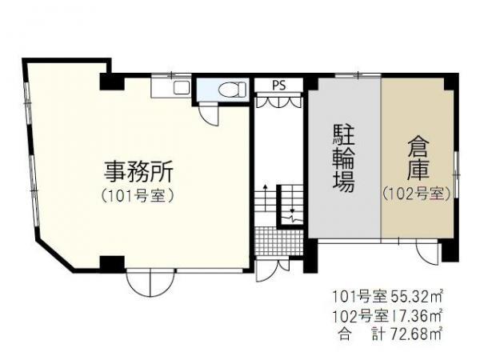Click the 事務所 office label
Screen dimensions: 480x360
tap(138, 172)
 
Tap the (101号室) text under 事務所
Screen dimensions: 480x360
tap(138, 196)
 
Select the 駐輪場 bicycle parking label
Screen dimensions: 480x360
tap(344, 158)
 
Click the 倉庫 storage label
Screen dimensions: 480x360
tap(418, 159)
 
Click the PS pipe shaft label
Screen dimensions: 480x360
tap(279, 85)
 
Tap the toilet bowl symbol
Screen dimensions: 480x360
tap(232, 89)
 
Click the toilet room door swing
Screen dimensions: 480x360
tap(209, 114)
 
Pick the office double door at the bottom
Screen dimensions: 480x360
tap(151, 283)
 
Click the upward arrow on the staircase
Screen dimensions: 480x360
tap(265, 197)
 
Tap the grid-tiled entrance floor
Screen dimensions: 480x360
tap(279, 242)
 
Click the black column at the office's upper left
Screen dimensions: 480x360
tap(112, 82)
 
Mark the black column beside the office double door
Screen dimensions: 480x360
tap(112, 264)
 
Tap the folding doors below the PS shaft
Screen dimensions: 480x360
tap(279, 102)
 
